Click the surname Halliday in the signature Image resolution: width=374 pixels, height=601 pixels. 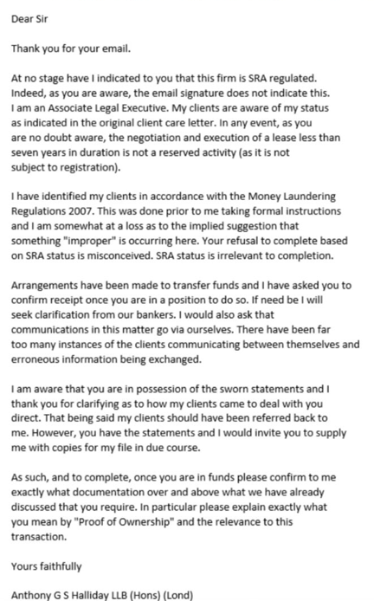tap(104, 595)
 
